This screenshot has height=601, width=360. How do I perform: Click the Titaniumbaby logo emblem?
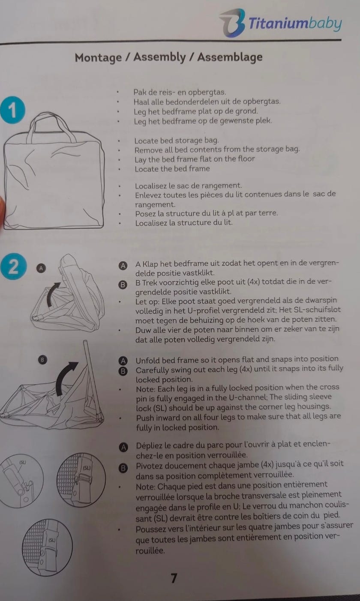click(232, 23)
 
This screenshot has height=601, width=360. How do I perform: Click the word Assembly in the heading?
click(159, 57)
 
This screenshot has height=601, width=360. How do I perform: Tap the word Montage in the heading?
click(98, 58)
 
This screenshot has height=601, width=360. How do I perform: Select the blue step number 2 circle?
click(13, 267)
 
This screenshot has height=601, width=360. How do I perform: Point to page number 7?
click(174, 578)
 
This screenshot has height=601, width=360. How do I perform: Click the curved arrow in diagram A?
click(52, 294)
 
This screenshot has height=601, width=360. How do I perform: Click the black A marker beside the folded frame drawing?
click(41, 268)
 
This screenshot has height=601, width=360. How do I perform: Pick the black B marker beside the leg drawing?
click(42, 360)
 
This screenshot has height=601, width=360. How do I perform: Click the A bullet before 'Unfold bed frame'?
click(123, 361)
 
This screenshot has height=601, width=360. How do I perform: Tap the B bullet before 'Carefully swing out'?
click(123, 371)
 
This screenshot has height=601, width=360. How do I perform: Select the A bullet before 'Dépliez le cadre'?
click(123, 447)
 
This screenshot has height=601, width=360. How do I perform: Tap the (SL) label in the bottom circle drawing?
click(52, 540)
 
